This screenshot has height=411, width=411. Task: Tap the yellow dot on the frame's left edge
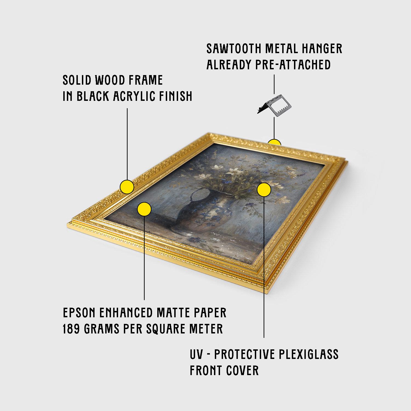click(x=127, y=187)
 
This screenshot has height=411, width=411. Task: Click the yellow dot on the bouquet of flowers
click(x=264, y=189)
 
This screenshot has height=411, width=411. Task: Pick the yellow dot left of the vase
click(x=144, y=209)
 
